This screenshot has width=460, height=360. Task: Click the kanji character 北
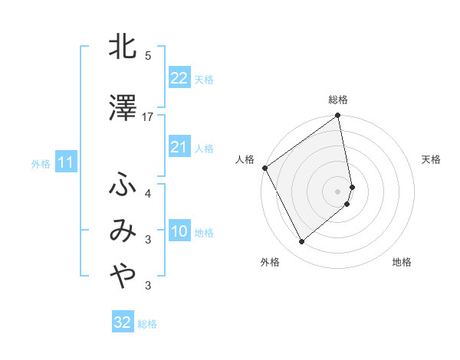point(123,47)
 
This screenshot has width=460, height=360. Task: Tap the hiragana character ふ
point(123,185)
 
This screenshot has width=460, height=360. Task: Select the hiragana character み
point(123,230)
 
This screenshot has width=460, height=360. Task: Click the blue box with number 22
point(179,78)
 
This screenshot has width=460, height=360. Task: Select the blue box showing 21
point(179,147)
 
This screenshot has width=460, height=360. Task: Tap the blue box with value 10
point(179,231)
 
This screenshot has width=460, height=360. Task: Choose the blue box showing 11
point(65,162)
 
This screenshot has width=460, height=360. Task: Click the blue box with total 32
point(123,322)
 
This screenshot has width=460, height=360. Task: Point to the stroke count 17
point(148,116)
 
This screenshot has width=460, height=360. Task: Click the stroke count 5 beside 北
point(148,56)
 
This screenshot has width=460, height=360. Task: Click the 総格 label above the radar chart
point(338,100)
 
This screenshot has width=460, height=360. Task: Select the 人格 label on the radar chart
point(245,159)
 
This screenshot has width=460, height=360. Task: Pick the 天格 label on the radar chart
point(431,159)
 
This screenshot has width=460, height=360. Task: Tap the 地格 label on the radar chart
point(402,262)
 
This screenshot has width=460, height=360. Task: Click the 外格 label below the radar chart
point(270,262)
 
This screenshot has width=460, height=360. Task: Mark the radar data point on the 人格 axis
point(264,168)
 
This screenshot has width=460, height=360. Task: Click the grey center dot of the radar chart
point(338,191)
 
